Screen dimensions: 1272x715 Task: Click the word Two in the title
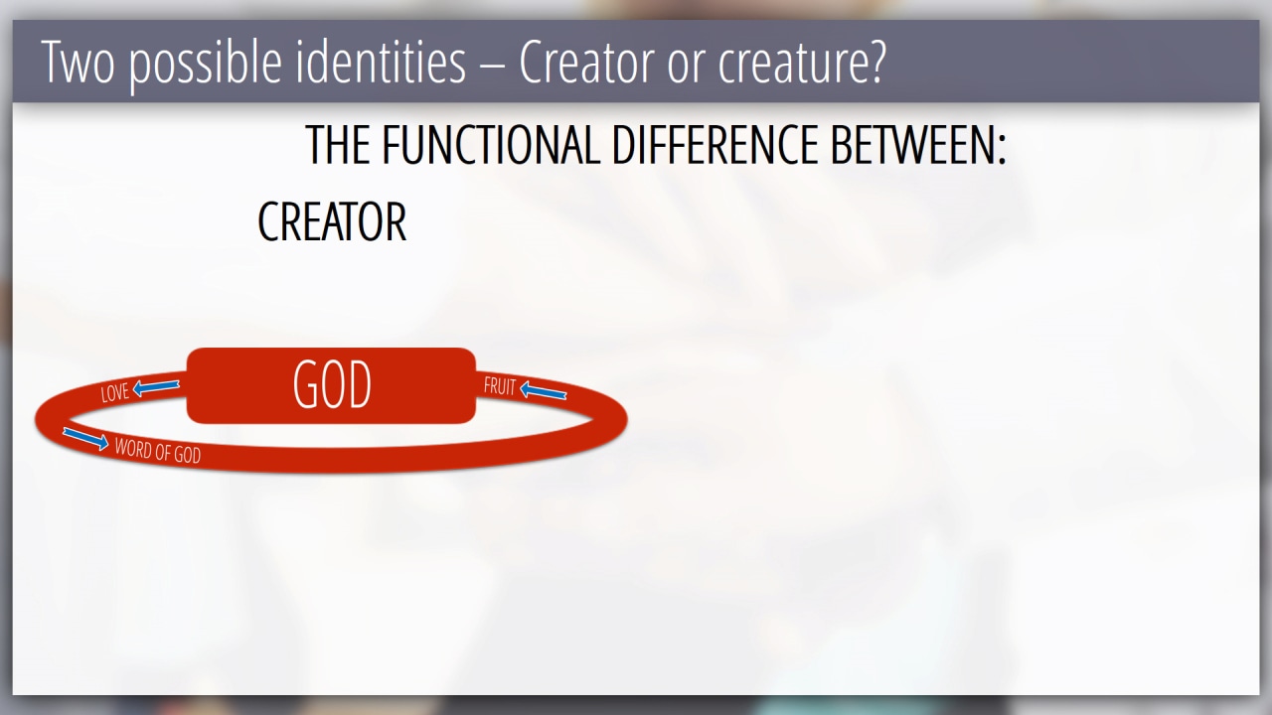(78, 62)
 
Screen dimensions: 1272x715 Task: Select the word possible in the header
(205, 64)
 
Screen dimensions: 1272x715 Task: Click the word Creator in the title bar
(585, 62)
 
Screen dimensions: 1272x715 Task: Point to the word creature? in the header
(802, 63)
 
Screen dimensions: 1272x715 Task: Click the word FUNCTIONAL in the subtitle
(491, 145)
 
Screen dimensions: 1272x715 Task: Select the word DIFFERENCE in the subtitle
(715, 145)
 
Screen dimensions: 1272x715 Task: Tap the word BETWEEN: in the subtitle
(918, 145)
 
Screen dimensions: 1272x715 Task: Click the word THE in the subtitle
(339, 145)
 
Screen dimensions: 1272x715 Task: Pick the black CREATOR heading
(332, 221)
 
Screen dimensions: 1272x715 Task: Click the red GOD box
(331, 386)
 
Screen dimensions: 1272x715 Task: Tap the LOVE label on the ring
(114, 392)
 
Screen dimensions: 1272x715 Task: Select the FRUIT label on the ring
(500, 386)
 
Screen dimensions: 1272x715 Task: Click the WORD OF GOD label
(158, 451)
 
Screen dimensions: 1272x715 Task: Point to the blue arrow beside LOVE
(156, 387)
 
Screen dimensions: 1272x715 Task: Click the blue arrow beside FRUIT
(543, 390)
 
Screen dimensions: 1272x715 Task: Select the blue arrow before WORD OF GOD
(85, 439)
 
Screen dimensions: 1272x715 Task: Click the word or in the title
(686, 67)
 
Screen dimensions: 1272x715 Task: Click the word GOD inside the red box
(332, 386)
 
